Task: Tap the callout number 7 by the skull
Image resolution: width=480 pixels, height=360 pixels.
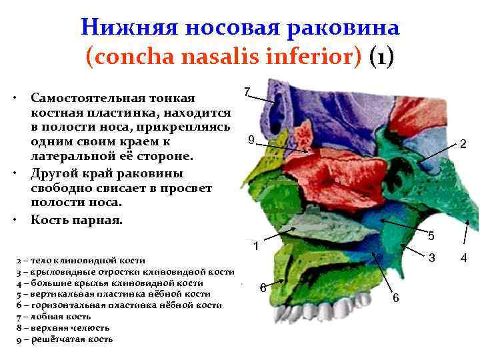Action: pos(247,91)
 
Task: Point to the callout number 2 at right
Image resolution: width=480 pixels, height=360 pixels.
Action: pos(463,144)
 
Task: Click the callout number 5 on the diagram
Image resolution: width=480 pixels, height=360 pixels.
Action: pos(431,235)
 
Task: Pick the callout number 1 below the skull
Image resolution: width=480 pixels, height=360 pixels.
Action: pos(255,247)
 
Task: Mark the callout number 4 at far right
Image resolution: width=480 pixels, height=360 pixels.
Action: pos(465,257)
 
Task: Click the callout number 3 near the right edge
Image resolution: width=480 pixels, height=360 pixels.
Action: pos(432,257)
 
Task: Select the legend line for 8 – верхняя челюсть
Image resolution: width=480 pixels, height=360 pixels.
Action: pos(63,328)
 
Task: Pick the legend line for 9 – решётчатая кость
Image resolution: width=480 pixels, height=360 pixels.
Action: pos(64,339)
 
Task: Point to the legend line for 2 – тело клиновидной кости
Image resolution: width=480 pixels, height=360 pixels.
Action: pos(80,260)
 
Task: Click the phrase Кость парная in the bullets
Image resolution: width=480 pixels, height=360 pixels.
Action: pos(77,220)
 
